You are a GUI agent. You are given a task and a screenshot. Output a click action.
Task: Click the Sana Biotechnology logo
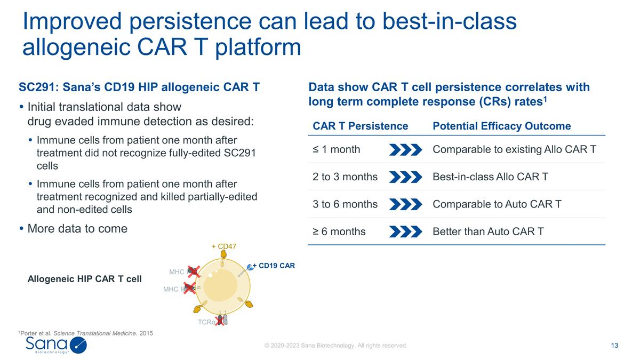click(x=55, y=345)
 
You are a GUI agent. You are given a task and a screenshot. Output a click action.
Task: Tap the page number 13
click(x=614, y=346)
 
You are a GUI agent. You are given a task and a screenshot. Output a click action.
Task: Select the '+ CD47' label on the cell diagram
click(x=223, y=246)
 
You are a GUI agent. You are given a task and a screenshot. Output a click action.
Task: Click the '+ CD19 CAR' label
click(x=273, y=265)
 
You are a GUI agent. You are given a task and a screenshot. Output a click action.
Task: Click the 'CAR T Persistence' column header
click(x=360, y=126)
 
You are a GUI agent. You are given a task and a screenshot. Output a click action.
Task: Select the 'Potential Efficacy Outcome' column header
click(x=501, y=126)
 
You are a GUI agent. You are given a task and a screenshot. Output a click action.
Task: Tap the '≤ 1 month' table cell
click(x=336, y=149)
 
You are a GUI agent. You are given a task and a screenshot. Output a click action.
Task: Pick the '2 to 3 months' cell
click(x=345, y=177)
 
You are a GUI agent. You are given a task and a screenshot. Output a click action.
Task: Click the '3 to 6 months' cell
click(x=345, y=204)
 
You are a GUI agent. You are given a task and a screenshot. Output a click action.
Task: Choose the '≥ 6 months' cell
click(x=339, y=231)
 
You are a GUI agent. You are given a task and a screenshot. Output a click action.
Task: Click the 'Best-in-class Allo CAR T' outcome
click(x=490, y=177)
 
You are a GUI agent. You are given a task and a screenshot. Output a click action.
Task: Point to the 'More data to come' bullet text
click(x=77, y=229)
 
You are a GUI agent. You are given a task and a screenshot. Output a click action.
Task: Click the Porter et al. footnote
click(x=85, y=333)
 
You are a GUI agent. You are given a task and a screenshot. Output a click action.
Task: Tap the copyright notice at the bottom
click(x=336, y=346)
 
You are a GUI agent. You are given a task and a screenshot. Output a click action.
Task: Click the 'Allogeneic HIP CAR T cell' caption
click(x=84, y=279)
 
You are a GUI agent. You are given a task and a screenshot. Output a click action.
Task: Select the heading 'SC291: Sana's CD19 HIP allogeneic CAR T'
click(x=139, y=87)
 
